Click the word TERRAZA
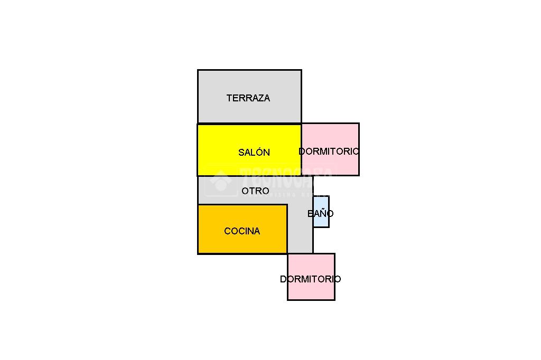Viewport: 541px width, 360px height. tap(248, 98)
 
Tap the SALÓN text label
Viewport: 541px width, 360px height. tap(254, 153)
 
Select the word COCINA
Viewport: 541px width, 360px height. tap(242, 231)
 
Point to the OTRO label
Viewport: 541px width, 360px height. tap(255, 191)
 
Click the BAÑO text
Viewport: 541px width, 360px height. tap(320, 214)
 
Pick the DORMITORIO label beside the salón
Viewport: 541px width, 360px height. tap(329, 151)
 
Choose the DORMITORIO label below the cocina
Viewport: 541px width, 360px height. tap(310, 279)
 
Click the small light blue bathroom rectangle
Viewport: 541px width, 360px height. tap(321, 203)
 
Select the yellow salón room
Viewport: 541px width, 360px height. tap(222, 143)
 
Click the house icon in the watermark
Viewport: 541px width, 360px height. tap(221, 181)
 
